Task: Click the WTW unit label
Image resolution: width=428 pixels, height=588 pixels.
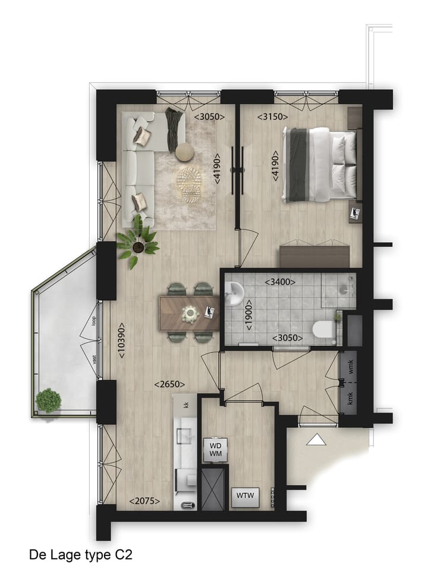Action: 245,495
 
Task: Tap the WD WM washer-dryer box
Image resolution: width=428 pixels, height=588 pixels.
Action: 214,450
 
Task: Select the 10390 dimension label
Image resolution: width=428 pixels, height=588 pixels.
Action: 121,340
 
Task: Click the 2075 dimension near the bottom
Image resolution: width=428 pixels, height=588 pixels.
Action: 145,502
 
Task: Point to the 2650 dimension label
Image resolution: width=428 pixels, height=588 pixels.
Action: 169,384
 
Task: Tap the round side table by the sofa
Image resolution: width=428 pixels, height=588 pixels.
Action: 185,152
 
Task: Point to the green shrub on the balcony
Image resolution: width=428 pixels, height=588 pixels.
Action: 48,401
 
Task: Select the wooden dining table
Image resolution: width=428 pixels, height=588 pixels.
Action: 190,313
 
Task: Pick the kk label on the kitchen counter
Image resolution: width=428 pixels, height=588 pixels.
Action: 186,405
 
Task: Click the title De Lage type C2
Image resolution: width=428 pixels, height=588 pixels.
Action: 80,555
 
